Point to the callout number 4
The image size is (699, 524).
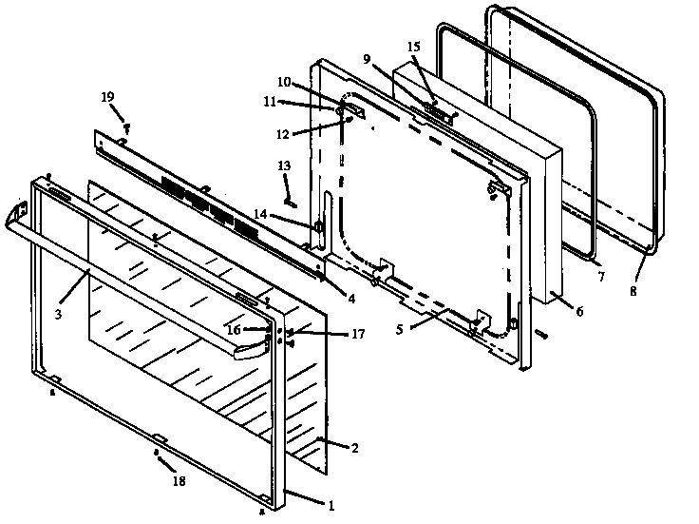[351, 298]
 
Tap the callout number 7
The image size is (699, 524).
[599, 277]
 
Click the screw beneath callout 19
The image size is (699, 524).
[125, 126]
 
